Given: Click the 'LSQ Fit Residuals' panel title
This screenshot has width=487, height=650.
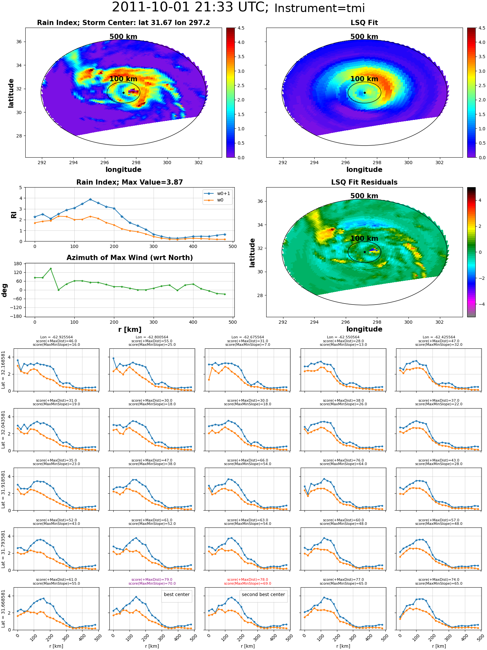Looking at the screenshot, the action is (x=364, y=182).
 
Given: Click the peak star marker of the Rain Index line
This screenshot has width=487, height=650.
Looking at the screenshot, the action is (x=90, y=199).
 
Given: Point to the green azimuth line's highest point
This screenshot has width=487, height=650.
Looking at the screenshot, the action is (x=51, y=268).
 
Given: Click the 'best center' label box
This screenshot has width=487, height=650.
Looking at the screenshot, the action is (x=177, y=594).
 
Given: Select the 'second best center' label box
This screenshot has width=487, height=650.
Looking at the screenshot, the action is (x=263, y=594).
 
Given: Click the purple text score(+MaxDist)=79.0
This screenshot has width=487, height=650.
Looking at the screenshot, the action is (x=152, y=579).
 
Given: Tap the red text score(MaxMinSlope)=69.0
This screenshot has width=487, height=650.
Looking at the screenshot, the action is (x=247, y=583).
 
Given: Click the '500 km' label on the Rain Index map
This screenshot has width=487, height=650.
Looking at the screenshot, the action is (x=123, y=37).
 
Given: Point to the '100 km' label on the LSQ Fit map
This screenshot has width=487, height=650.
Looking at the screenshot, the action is (x=364, y=79).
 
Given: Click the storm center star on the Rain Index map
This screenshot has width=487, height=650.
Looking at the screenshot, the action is (x=123, y=93).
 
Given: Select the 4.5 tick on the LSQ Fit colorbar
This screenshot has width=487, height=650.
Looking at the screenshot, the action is (x=482, y=28).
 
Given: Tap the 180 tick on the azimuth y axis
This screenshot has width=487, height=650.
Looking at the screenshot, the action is (x=19, y=264).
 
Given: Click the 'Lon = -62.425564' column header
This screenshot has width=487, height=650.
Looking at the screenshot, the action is (x=439, y=337).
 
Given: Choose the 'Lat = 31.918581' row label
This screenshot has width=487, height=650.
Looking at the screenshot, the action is (x=3, y=489).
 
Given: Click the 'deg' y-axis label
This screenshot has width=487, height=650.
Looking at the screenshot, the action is (x=4, y=290).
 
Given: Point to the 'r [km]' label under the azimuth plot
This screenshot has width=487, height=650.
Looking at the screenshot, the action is (x=130, y=330).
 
